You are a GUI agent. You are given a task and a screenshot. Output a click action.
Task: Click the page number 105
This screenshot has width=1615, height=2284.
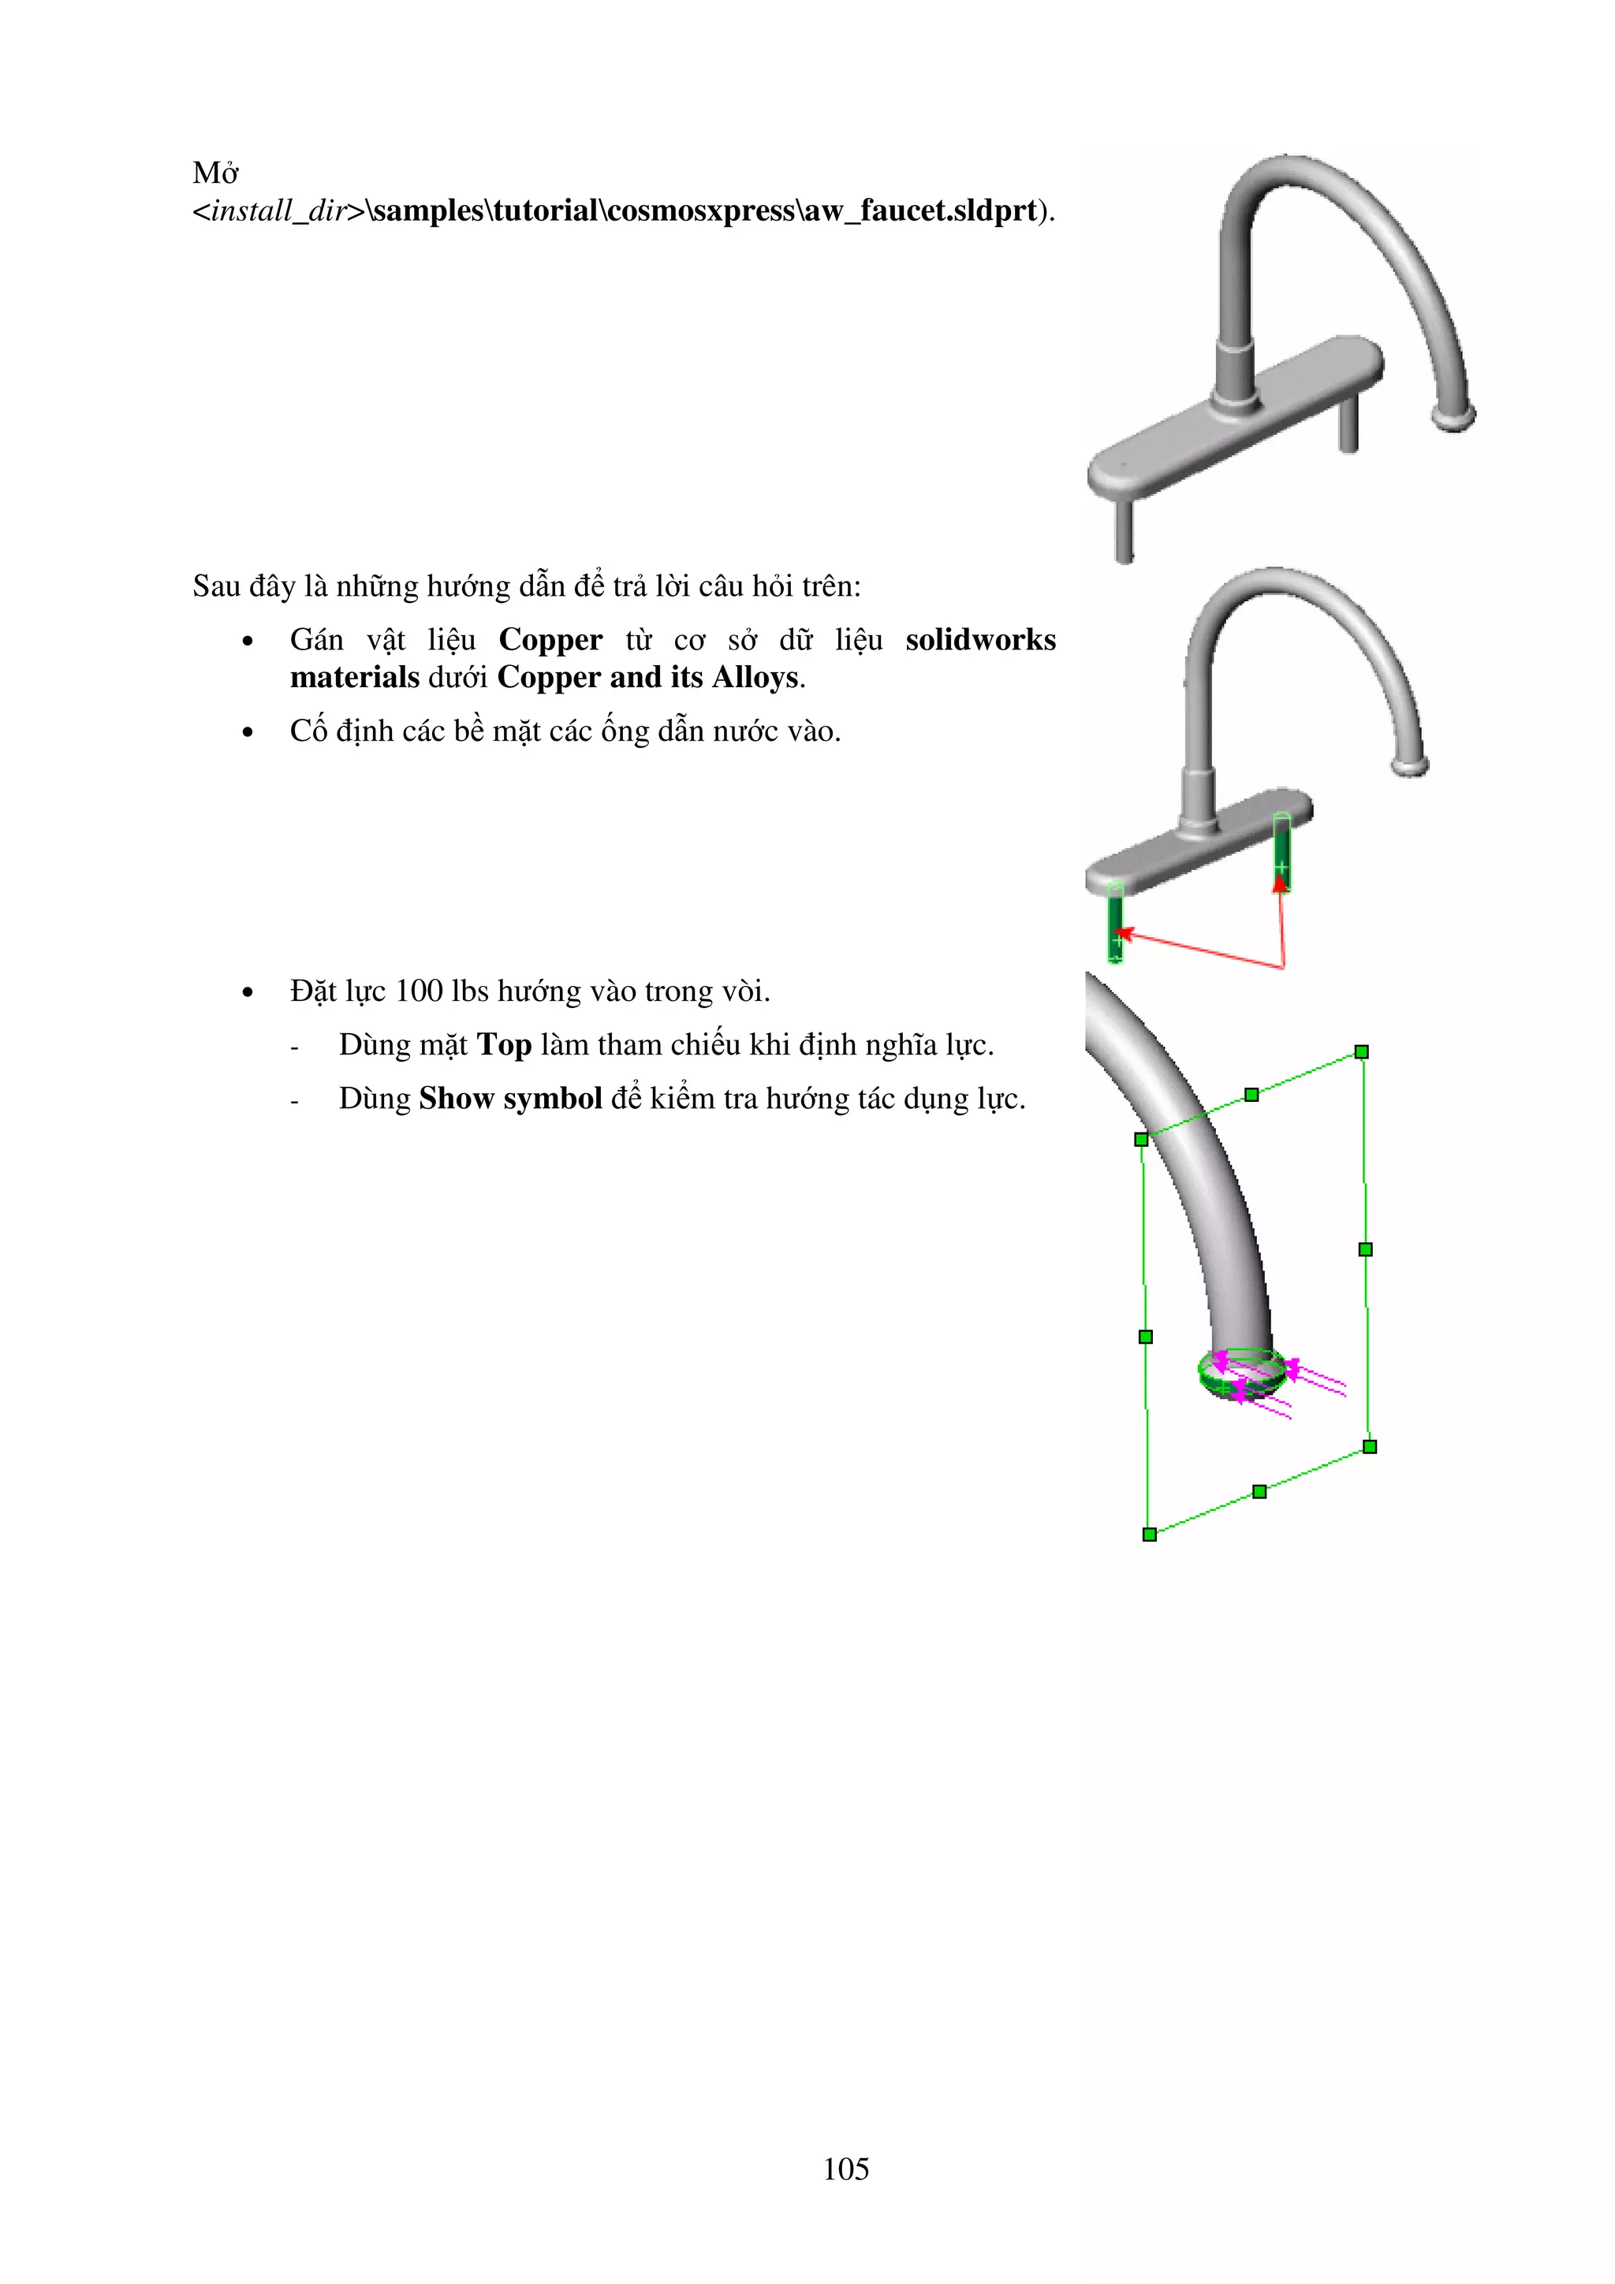846,2169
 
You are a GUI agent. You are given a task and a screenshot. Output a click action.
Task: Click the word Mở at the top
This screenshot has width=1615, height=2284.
215,173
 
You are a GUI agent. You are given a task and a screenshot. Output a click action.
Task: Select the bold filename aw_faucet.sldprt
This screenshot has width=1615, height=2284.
920,211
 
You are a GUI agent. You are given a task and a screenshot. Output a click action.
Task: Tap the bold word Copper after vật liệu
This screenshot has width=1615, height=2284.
550,640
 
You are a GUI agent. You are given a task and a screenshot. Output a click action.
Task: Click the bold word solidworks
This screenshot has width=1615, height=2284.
980,640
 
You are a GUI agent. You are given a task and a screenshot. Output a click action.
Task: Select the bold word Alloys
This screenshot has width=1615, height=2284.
755,678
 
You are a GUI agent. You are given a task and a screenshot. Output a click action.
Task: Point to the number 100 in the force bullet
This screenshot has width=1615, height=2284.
418,991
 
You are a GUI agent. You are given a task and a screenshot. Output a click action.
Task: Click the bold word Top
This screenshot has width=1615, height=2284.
504,1044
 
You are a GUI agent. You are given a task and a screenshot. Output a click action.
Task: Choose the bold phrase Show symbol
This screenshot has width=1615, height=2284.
509,1098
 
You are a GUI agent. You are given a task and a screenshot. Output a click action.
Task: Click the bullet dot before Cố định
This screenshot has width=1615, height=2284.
248,733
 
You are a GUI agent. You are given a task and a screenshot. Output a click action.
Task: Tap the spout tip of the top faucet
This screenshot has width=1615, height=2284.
1455,416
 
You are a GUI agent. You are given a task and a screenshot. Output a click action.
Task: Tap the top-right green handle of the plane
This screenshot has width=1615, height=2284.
1362,1051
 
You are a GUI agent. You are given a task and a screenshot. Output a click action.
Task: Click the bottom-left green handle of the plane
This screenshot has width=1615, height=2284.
1149,1534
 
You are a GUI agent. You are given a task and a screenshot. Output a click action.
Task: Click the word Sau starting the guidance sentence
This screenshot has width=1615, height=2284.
216,587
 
